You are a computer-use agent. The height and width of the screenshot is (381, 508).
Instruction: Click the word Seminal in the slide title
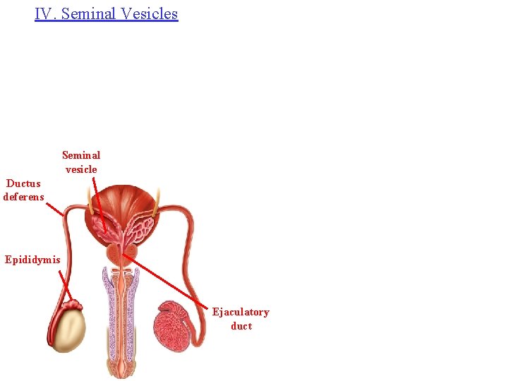pos(89,13)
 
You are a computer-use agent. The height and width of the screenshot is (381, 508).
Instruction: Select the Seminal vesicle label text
pos(81,162)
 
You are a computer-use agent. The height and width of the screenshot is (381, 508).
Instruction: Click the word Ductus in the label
pos(23,183)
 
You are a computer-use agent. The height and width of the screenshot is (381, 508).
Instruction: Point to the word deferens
pos(23,197)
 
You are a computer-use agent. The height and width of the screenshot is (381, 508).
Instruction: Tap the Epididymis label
pos(32,260)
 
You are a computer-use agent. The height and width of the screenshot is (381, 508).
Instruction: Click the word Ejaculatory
pos(241,312)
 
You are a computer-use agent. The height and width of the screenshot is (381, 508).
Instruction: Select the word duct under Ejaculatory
pos(241,326)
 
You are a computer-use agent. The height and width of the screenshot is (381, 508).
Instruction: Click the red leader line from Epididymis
pos(65,286)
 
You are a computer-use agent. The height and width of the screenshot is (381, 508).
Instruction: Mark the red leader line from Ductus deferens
pos(54,209)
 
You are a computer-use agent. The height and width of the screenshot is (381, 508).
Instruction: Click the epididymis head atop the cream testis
pos(73,306)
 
